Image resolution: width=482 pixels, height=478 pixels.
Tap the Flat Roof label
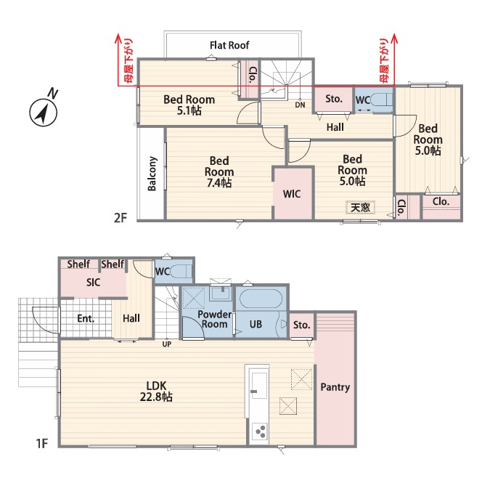point(229,45)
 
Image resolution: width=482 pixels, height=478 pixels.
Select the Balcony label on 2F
point(152,174)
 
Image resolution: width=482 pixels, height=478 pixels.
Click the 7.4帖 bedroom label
point(219,172)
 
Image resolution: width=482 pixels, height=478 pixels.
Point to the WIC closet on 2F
point(292,194)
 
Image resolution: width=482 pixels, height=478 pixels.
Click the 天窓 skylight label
point(360,207)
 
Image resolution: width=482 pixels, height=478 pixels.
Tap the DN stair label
point(300,105)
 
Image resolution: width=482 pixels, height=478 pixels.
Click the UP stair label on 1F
point(167,344)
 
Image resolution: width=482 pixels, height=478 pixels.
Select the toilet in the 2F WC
point(382,100)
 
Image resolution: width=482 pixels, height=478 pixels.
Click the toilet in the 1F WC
point(181,272)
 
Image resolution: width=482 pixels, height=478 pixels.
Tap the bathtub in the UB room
point(261,299)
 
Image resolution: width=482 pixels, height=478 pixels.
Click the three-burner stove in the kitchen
point(260,432)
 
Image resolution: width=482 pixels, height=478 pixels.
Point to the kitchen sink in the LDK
point(258,386)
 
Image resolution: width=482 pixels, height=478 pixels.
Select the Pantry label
point(335,387)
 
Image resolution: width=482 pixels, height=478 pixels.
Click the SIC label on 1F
point(93,283)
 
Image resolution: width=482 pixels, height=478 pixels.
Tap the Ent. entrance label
point(86,318)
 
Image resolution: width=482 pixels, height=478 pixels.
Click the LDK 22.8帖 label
point(156,392)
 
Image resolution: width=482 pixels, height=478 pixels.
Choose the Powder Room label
point(215,320)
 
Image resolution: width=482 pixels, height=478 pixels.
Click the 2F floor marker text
point(120,218)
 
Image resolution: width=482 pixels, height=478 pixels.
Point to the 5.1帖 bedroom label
point(189,105)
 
